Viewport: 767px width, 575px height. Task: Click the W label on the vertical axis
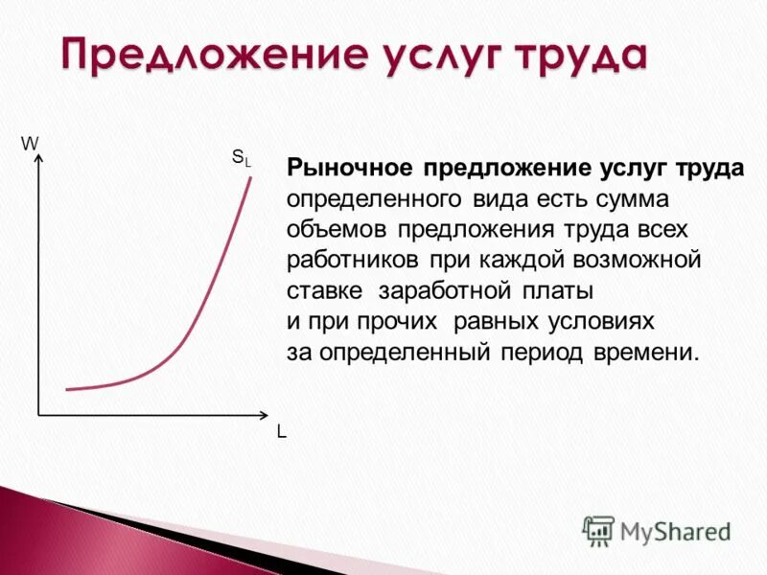30,143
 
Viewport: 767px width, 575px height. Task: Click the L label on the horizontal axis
281,432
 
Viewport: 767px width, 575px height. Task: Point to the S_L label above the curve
241,157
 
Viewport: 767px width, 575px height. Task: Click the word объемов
337,230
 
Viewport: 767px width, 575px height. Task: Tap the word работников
352,261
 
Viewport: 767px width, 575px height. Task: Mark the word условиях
607,322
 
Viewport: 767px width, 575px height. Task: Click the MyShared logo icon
598,530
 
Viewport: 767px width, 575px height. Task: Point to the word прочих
404,322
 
